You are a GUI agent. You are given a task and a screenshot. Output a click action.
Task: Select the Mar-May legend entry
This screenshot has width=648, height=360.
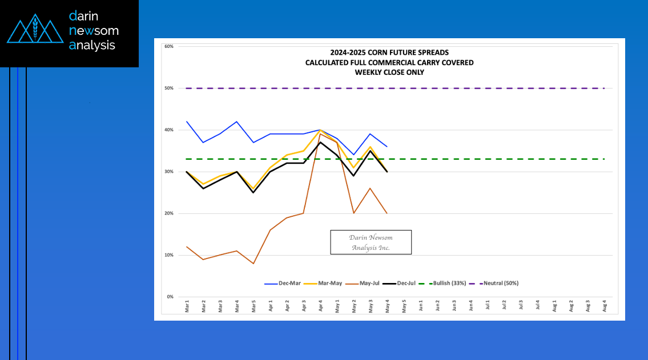point(327,283)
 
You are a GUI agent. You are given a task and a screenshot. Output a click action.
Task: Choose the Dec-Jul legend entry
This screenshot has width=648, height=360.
point(406,283)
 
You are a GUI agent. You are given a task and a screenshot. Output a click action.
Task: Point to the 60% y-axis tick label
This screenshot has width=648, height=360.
point(168,46)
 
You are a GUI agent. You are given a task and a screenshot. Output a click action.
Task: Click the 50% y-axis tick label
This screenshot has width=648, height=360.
point(168,88)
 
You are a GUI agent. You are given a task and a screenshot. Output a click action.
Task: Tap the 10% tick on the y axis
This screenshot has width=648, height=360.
point(168,255)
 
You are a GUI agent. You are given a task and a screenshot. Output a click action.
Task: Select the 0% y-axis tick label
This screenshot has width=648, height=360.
point(170,297)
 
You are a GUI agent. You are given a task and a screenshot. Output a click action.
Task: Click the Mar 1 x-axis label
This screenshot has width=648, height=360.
point(187,307)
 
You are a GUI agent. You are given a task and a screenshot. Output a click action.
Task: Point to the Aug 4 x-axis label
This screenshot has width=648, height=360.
point(605,307)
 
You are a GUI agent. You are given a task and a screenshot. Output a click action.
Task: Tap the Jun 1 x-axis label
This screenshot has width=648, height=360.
point(421,307)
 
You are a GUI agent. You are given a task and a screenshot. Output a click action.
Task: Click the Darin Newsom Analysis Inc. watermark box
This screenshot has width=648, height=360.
point(371,242)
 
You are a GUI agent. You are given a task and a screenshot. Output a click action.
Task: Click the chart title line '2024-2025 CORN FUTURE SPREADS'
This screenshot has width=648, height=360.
point(389,52)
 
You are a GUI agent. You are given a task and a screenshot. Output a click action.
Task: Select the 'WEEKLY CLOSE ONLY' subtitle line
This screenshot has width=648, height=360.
point(389,72)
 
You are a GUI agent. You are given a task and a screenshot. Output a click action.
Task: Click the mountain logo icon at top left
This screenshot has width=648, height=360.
point(35,30)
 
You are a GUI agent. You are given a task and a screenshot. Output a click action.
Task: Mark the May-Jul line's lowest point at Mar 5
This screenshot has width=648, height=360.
point(253,264)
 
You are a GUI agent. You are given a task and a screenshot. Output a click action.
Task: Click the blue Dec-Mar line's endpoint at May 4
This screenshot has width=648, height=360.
point(387,147)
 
